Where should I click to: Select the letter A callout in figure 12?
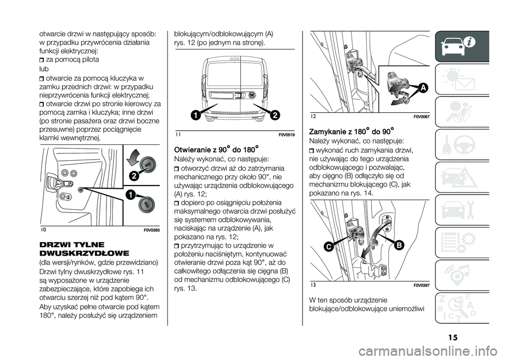click(x=421, y=89)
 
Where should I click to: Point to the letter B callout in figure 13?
click(x=398, y=245)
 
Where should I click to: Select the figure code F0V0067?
click(x=421, y=115)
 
